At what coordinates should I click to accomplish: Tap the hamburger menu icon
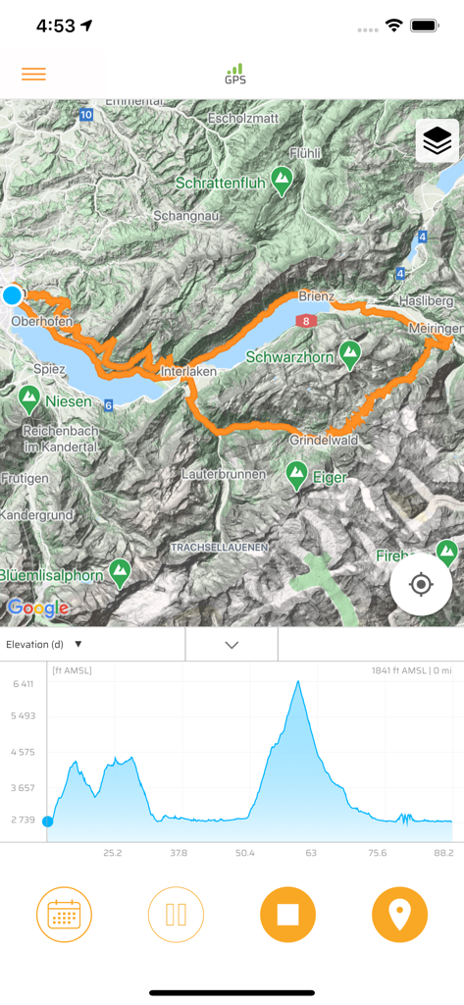(x=33, y=75)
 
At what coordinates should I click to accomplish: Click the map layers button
(x=438, y=142)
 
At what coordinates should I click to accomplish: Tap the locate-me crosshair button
(x=421, y=585)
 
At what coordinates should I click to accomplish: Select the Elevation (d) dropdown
(x=44, y=645)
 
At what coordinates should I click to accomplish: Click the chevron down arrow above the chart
(x=232, y=645)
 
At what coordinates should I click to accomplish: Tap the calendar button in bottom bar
(x=64, y=915)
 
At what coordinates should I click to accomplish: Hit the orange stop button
(x=287, y=915)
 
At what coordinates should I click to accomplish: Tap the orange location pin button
(x=399, y=915)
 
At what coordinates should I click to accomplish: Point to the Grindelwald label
(x=324, y=441)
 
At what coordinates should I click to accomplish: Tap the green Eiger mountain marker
(x=296, y=476)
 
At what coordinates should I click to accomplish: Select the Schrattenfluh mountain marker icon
(x=283, y=180)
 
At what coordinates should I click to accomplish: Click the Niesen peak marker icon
(x=29, y=398)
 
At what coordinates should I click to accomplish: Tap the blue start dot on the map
(x=13, y=294)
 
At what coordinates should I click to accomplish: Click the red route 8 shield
(x=306, y=321)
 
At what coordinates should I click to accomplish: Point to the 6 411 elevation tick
(x=23, y=684)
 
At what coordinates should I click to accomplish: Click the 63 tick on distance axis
(x=311, y=853)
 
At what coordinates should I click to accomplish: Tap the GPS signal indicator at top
(x=234, y=74)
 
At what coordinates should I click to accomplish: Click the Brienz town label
(x=317, y=295)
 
